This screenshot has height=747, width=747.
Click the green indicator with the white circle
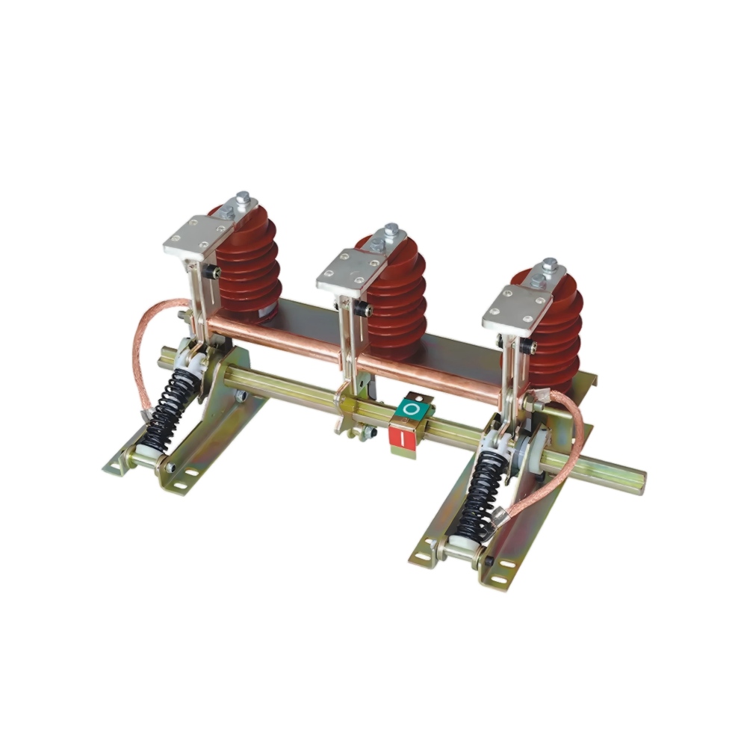[x=411, y=409]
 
